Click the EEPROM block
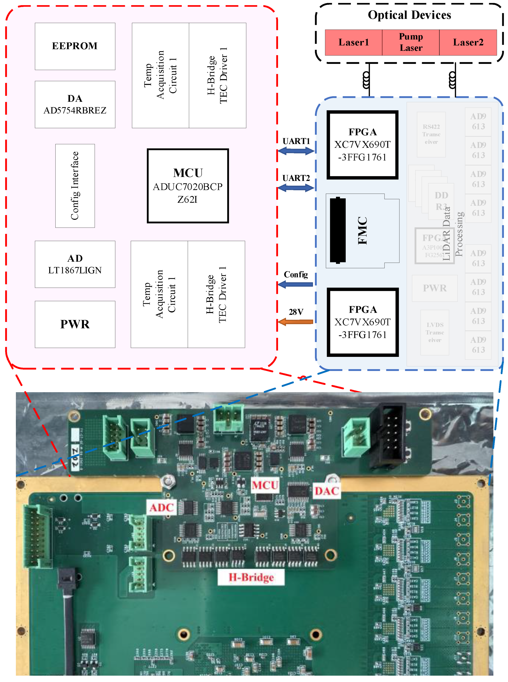(x=75, y=46)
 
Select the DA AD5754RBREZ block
(x=75, y=104)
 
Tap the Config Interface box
(x=75, y=186)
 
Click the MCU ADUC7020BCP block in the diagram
(x=188, y=186)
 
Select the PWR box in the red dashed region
(x=75, y=324)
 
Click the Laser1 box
(x=353, y=42)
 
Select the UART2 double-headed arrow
(x=296, y=188)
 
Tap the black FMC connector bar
(x=338, y=231)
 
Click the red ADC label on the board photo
(x=162, y=507)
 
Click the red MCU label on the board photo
(x=265, y=485)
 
